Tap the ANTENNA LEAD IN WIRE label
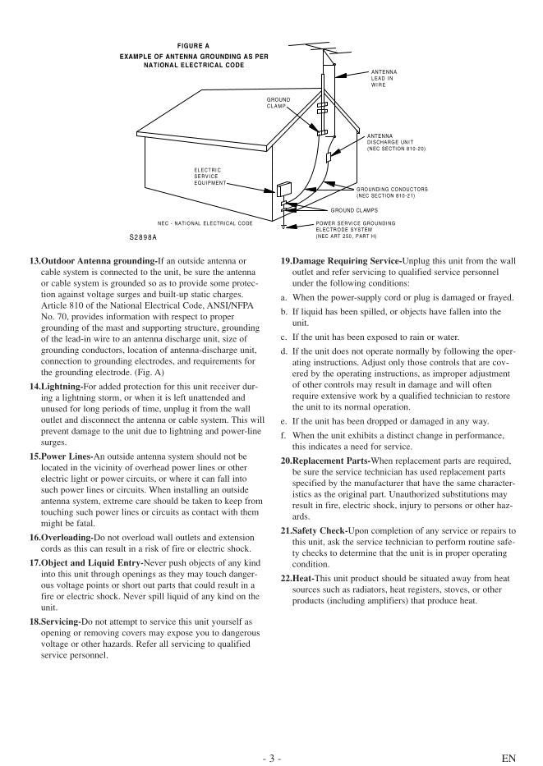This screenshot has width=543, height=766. pos(384,78)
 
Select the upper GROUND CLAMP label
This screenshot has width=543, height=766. pos(278,103)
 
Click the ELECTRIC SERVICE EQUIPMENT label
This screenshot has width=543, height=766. pos(208,176)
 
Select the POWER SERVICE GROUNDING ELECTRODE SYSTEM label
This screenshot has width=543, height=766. pos(355,229)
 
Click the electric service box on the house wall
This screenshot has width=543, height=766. pos(285,190)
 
